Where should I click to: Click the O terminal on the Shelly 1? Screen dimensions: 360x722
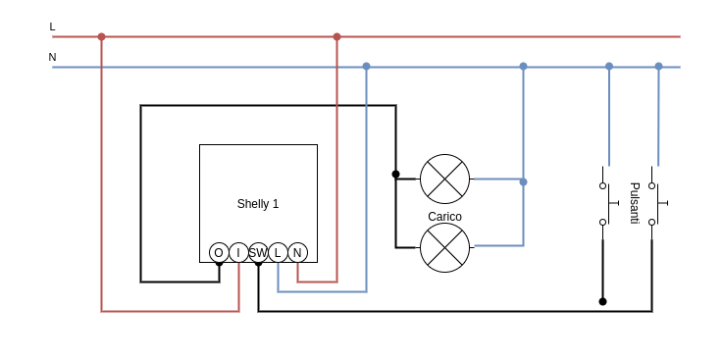[x=219, y=252]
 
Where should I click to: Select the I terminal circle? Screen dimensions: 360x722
[x=238, y=252]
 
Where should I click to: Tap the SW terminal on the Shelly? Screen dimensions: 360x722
[x=258, y=252]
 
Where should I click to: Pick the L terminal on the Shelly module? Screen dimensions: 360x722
[x=278, y=252]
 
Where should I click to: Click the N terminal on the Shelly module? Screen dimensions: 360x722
[x=297, y=252]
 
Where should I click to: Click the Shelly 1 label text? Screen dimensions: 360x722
[x=258, y=204]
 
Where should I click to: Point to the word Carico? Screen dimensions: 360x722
[x=444, y=217]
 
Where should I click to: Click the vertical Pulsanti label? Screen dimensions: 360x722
[x=634, y=203]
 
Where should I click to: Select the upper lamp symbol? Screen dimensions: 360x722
[x=444, y=179]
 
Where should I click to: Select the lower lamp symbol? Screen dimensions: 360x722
[x=444, y=247]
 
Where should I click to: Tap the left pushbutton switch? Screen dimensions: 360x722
[x=604, y=203]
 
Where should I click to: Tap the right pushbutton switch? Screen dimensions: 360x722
[x=653, y=203]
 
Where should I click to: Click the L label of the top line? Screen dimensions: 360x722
[x=52, y=26]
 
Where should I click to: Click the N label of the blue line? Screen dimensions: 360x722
[x=52, y=57]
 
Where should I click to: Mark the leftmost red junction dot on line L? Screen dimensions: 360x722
[x=101, y=36]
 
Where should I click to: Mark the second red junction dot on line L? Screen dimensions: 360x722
[x=336, y=36]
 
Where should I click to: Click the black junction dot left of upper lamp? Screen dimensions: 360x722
[x=395, y=174]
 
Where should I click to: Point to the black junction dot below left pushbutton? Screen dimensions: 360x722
[x=602, y=301]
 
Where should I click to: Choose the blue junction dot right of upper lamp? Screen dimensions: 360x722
[x=523, y=181]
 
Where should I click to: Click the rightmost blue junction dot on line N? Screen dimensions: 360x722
[x=658, y=67]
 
